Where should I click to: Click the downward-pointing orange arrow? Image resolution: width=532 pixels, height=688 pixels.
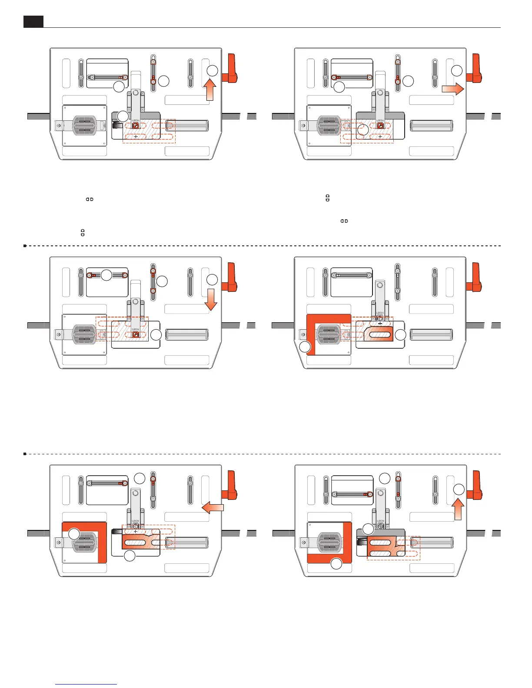pos(211,299)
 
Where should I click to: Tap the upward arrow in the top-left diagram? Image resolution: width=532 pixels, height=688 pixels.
pos(210,90)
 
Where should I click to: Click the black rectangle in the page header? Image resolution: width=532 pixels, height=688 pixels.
pos(33,22)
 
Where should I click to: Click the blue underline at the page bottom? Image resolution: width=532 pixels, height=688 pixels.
pos(86,685)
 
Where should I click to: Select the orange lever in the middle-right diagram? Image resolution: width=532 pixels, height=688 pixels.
pos(474,278)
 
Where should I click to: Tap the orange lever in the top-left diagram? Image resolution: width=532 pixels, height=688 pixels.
pos(231,69)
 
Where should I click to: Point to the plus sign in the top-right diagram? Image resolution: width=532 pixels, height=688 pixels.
pos(380,136)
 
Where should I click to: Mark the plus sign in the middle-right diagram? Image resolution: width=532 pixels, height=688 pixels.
pos(380,324)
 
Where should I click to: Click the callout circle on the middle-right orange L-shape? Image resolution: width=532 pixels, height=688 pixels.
pos(306,347)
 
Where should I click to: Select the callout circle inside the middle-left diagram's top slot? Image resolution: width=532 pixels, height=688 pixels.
pos(106,275)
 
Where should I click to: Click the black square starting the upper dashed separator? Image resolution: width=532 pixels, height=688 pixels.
pos(25,246)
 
